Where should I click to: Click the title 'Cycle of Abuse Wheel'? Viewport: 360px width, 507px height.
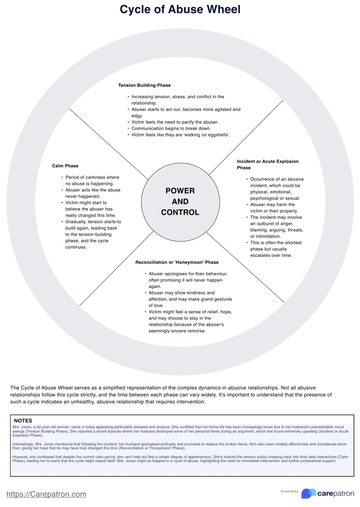tap(180, 9)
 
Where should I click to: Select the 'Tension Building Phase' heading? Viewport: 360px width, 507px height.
tap(144, 85)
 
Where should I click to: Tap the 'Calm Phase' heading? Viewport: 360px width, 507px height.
tap(65, 166)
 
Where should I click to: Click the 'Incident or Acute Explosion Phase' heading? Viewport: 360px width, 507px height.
tap(268, 165)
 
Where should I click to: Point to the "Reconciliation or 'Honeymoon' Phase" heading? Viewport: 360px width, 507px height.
tap(177, 262)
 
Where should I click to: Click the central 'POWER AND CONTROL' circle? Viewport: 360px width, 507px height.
tap(180, 202)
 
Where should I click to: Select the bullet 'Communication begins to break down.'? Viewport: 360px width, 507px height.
tap(171, 129)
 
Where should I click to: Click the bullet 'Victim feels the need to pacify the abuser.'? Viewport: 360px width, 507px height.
tap(175, 122)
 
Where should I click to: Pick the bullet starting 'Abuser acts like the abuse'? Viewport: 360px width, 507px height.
tap(93, 193)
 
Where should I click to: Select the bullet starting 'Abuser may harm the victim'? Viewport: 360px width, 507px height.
tap(273, 208)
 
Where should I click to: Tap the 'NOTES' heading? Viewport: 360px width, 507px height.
tap(23, 421)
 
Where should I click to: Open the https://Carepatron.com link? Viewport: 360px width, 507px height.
tap(46, 494)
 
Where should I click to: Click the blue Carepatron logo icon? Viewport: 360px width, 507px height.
tap(309, 493)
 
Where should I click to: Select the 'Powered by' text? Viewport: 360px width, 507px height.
tap(289, 492)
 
